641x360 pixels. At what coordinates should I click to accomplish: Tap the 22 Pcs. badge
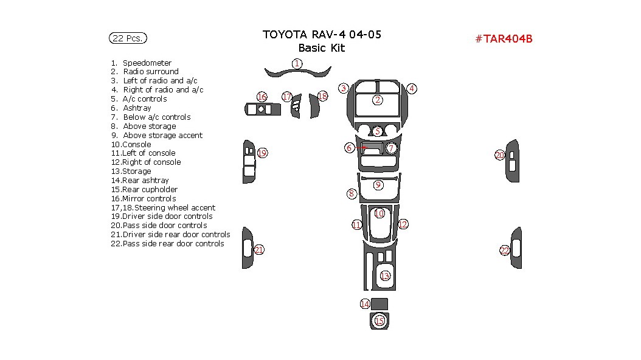pos(128,38)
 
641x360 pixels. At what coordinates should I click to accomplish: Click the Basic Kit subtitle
pos(321,48)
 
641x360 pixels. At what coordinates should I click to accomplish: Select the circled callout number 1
pos(297,63)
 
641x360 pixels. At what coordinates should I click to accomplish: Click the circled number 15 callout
pos(379,320)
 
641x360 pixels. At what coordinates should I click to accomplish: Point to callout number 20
pos(499,155)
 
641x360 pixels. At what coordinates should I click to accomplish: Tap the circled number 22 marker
pos(504,251)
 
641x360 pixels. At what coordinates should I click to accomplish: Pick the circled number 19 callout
pos(262,153)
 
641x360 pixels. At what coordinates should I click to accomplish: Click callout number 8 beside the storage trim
pos(352,194)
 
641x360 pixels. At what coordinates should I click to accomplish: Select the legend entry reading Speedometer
pos(147,63)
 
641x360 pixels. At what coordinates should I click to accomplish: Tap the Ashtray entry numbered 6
pos(136,108)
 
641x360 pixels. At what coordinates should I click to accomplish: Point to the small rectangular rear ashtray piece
pos(379,304)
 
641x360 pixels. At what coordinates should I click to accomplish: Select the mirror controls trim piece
pos(262,109)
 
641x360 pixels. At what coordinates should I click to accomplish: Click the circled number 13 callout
pos(384,276)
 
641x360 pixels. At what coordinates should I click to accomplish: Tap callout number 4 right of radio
pos(412,89)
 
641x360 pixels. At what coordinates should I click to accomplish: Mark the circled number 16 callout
pos(262,97)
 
